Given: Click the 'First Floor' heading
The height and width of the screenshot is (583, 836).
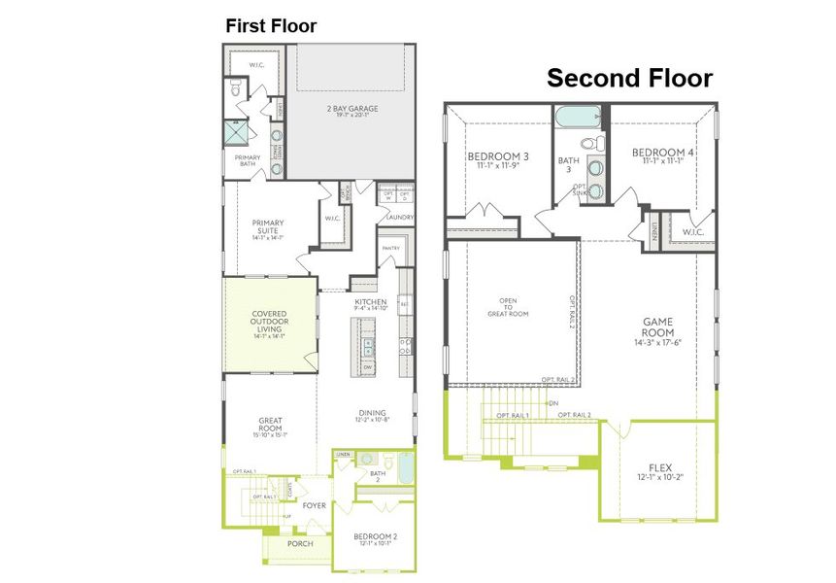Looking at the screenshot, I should (x=271, y=26).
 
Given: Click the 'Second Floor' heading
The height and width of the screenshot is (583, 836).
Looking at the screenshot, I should (x=629, y=78).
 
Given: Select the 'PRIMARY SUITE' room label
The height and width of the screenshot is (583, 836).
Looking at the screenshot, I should (x=267, y=226).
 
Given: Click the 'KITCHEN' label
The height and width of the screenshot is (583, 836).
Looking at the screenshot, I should (x=371, y=303).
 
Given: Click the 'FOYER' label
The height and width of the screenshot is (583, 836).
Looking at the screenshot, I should (x=314, y=505).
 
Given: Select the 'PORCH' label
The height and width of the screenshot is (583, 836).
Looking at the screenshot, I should (x=300, y=544).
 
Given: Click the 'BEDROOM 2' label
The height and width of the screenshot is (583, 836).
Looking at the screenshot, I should (x=373, y=537).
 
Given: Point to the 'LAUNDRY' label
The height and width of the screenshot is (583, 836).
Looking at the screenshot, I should (x=399, y=218).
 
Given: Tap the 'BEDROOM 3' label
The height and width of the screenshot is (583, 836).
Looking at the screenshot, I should (x=497, y=156).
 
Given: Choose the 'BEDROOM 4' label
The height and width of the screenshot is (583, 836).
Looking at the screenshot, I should (x=662, y=153).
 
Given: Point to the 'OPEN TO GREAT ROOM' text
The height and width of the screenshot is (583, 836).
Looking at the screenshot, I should (x=507, y=307).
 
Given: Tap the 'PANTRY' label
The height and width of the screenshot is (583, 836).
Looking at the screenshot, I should (x=390, y=249).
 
